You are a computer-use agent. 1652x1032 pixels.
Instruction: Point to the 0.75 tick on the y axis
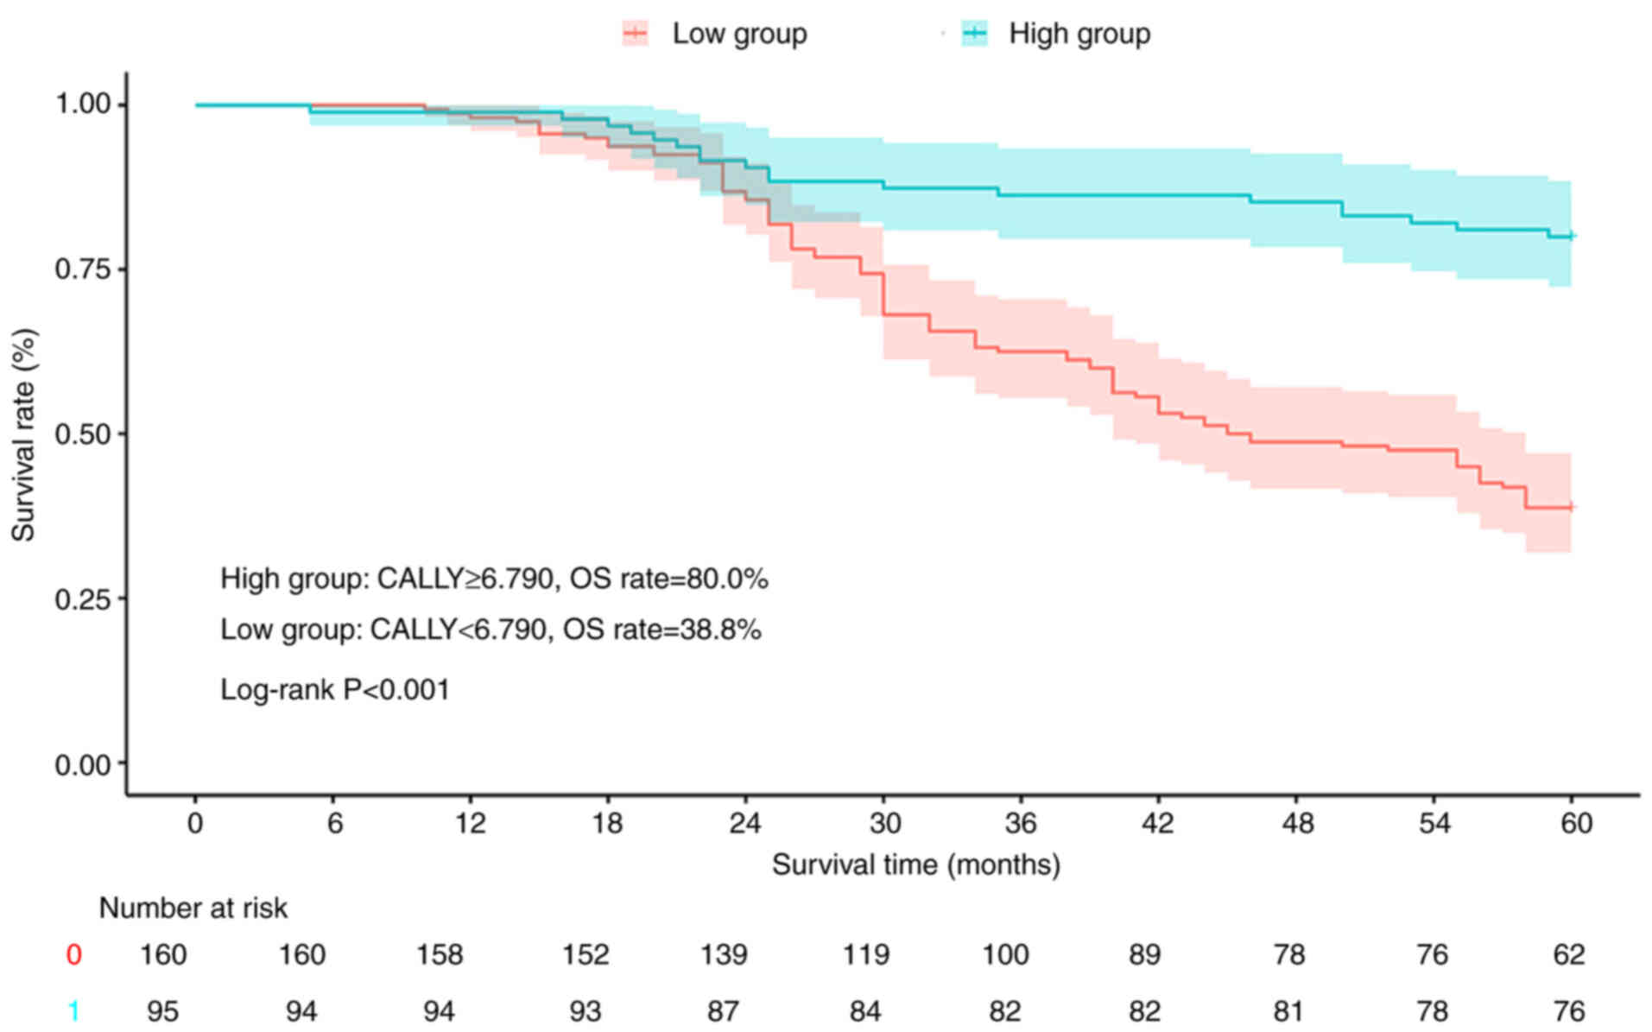83,269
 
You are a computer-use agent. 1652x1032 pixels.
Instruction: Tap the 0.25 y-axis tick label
83,598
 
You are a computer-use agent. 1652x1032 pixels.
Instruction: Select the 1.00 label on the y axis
83,104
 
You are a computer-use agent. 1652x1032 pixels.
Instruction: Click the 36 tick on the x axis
1020,822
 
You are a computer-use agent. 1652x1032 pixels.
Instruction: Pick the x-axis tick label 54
1434,822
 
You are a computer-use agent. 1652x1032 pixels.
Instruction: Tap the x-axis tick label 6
334,822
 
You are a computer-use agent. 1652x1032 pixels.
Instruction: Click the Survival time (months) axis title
915,864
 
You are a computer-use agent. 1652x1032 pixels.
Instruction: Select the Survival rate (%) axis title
23,434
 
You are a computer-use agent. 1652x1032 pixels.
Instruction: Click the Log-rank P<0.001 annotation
335,689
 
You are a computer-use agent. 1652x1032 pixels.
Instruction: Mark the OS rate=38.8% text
661,630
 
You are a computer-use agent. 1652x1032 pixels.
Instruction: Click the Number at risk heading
193,908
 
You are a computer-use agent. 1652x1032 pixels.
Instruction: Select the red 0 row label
74,954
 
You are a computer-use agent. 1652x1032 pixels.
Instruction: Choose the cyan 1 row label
74,1010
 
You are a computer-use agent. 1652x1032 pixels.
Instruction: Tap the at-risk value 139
723,954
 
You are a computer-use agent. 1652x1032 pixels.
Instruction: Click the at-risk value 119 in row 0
865,954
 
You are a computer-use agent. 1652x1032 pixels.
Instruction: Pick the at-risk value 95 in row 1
162,1010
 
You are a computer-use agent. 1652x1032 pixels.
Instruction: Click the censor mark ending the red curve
1571,508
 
